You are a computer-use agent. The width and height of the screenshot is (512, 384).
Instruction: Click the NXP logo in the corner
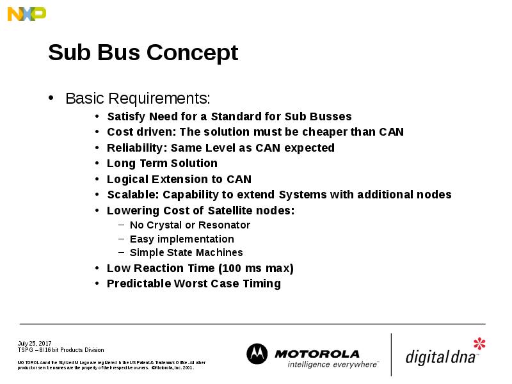click(x=26, y=13)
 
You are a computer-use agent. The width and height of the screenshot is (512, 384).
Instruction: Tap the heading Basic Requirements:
click(x=138, y=99)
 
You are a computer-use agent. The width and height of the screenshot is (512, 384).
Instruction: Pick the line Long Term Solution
click(x=162, y=163)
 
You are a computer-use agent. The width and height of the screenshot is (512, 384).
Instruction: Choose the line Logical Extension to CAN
click(x=179, y=179)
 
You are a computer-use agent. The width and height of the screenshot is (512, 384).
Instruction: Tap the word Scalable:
click(x=132, y=195)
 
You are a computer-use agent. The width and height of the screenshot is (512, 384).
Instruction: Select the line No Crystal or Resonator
click(x=189, y=225)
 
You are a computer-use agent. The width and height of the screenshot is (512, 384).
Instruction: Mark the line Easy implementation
click(x=182, y=239)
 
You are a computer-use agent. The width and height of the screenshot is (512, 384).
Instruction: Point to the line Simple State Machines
click(x=186, y=253)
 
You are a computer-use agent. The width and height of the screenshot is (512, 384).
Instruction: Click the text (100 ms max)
click(x=256, y=268)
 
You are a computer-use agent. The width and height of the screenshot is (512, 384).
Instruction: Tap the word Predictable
click(x=139, y=284)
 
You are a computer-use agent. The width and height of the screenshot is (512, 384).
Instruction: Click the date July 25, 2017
click(x=35, y=344)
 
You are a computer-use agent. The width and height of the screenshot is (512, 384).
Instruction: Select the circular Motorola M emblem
click(x=257, y=354)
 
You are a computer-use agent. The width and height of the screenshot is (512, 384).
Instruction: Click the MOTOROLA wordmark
click(x=317, y=354)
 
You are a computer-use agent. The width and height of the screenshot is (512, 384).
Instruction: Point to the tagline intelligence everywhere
click(x=332, y=364)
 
